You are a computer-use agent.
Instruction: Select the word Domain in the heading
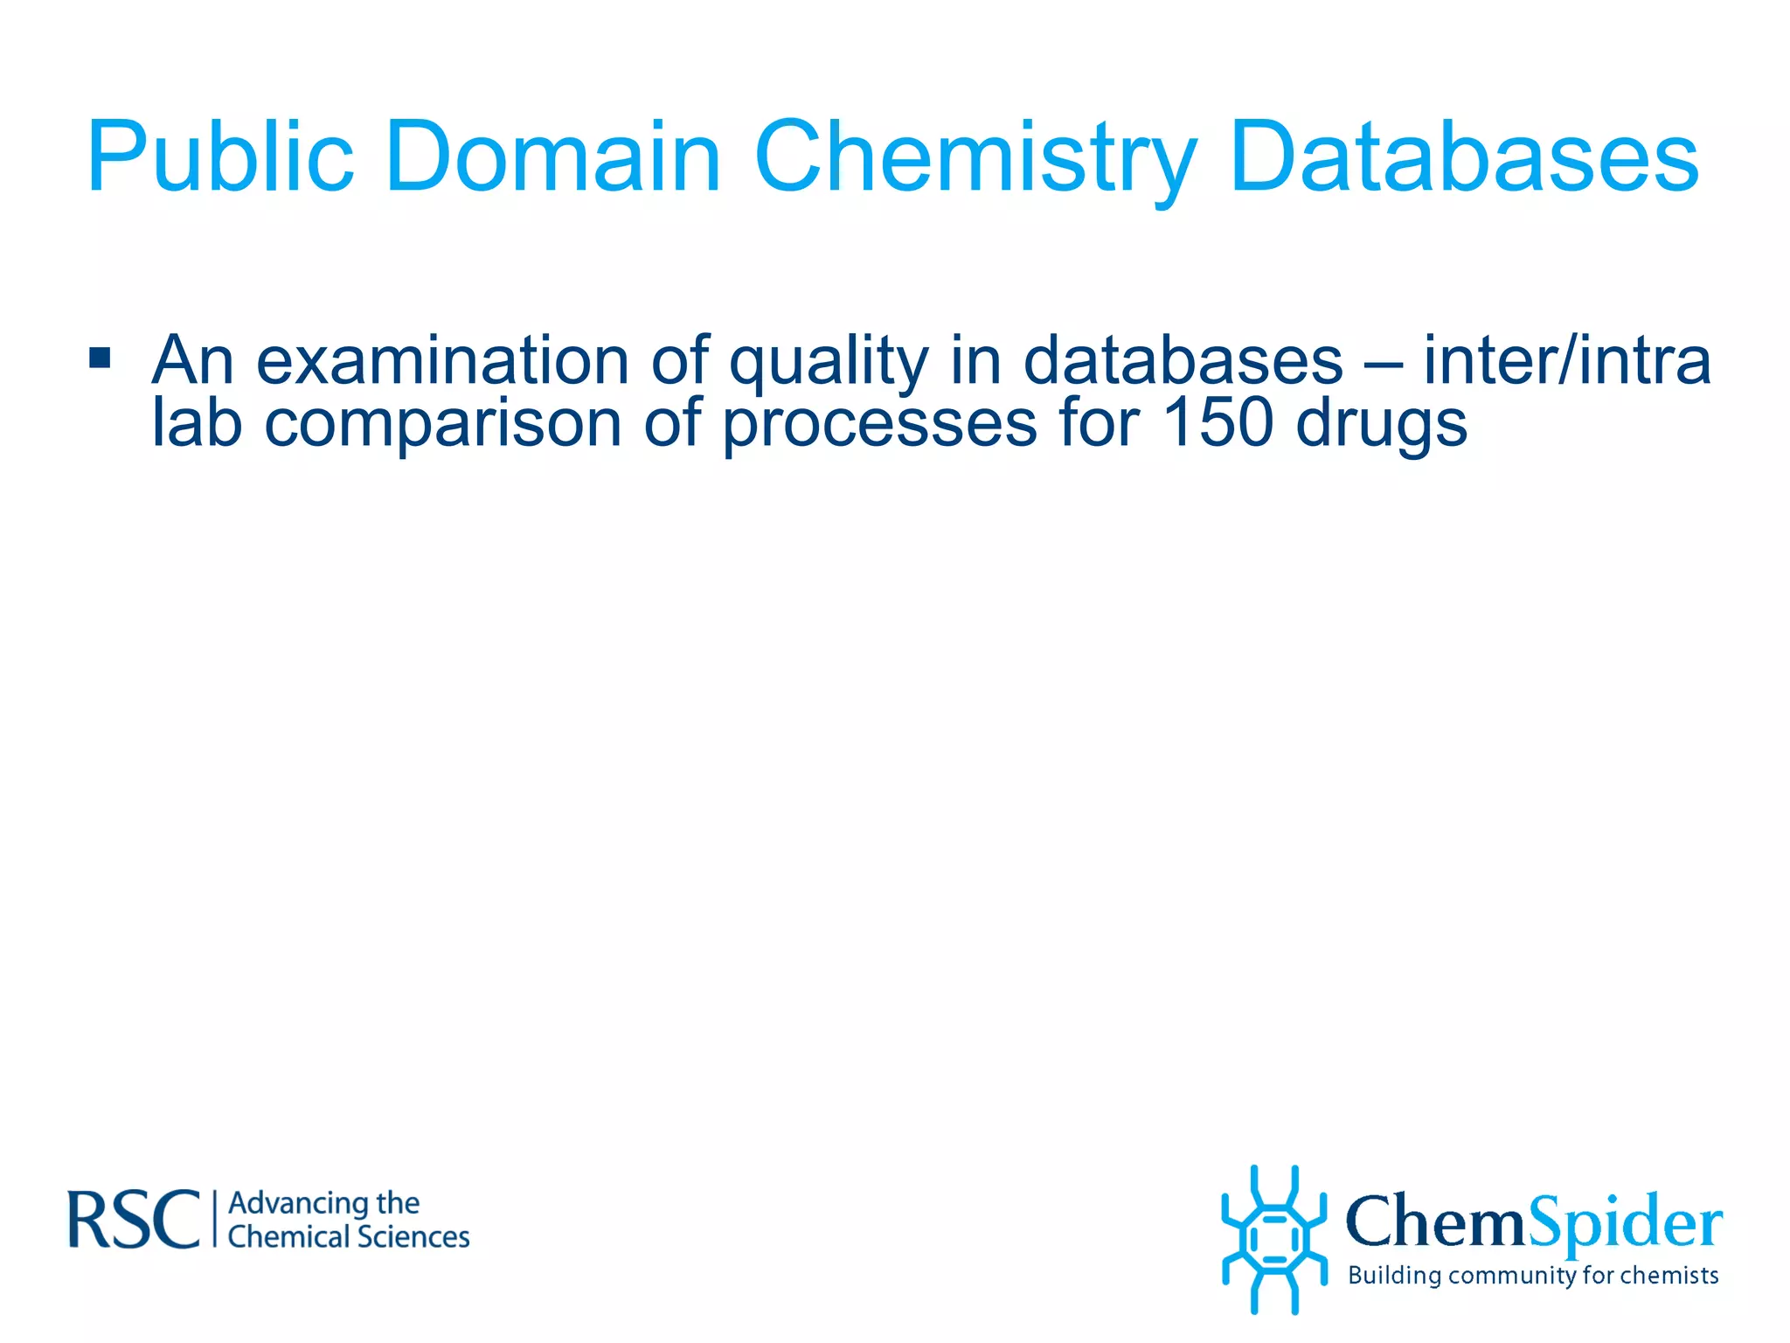tap(552, 157)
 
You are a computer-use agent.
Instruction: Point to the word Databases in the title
tap(1464, 157)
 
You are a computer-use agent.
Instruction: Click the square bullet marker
tap(100, 358)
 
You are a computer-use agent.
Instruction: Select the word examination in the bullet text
tap(441, 360)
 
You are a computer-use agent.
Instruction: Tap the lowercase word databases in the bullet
tap(1183, 360)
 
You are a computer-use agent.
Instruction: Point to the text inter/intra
tap(1566, 360)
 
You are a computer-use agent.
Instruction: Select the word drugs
tap(1381, 423)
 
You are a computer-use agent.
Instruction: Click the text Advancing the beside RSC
tap(323, 1204)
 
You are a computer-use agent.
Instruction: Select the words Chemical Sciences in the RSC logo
tap(348, 1237)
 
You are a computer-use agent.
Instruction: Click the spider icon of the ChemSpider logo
tap(1273, 1239)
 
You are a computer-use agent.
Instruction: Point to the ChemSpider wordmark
tap(1533, 1222)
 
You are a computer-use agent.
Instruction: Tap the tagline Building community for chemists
tap(1533, 1276)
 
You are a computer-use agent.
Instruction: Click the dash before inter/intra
tap(1383, 362)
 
